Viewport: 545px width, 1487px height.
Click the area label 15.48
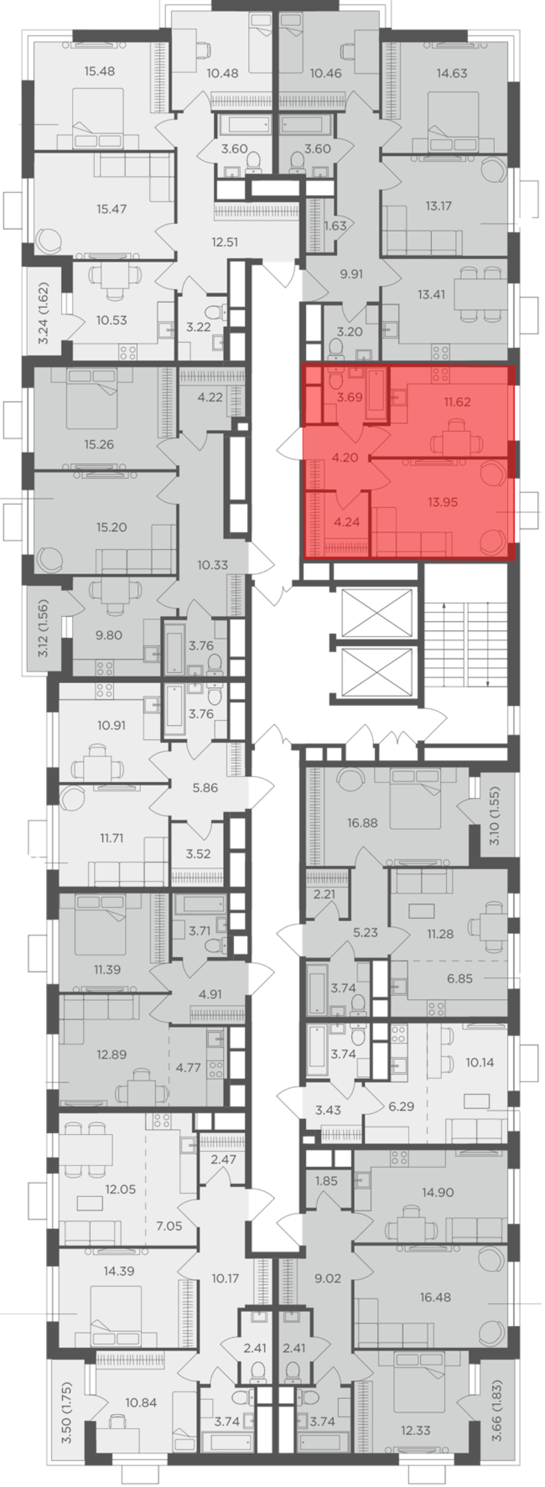pyautogui.click(x=99, y=71)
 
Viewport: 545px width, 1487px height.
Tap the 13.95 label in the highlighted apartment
pyautogui.click(x=443, y=502)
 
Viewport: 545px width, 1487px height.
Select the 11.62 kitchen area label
pyautogui.click(x=457, y=402)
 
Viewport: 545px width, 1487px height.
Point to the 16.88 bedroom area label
pyautogui.click(x=362, y=823)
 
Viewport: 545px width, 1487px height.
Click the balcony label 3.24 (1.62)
pyautogui.click(x=44, y=313)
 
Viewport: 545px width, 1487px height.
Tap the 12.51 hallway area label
pyautogui.click(x=225, y=242)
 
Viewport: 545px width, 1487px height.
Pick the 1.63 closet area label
pyautogui.click(x=335, y=226)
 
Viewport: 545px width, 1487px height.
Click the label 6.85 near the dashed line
pyautogui.click(x=459, y=979)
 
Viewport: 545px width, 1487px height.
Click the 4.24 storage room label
pyautogui.click(x=347, y=523)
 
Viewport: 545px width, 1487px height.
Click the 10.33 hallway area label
pyautogui.click(x=213, y=565)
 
